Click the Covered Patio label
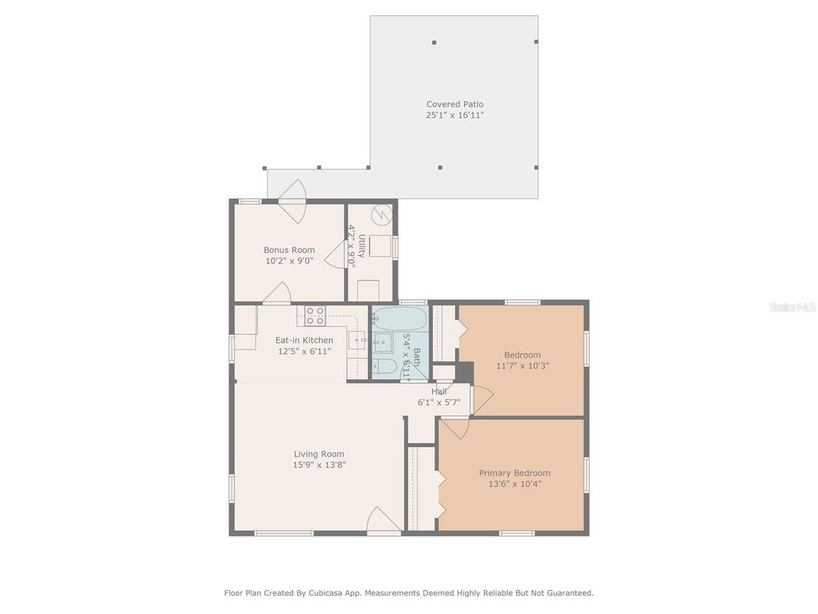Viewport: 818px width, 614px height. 455,104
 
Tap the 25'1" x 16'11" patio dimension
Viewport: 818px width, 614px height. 455,115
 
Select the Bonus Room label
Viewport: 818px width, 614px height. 289,250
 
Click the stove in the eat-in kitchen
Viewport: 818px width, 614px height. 315,316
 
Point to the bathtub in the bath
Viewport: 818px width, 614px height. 397,319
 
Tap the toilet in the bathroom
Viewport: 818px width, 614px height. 385,368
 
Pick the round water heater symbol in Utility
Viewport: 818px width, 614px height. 383,214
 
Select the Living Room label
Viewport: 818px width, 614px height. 319,454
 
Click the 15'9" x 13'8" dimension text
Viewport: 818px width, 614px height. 319,464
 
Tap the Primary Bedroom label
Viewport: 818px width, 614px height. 514,473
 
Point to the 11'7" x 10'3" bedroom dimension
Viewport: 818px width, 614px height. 522,365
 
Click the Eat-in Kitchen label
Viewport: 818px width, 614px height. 304,341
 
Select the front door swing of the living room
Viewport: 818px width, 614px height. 383,520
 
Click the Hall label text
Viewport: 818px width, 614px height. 439,392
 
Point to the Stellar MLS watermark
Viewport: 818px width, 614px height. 792,307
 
